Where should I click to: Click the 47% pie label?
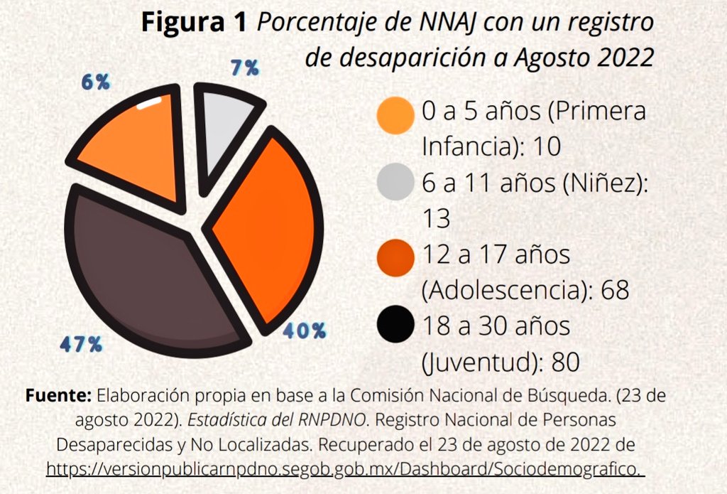(x=81, y=344)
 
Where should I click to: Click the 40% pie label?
(x=304, y=330)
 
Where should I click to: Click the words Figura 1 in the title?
(x=195, y=23)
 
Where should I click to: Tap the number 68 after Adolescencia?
(x=615, y=291)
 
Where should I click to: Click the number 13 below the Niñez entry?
(x=436, y=219)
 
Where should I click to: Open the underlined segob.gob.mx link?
(x=345, y=470)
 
